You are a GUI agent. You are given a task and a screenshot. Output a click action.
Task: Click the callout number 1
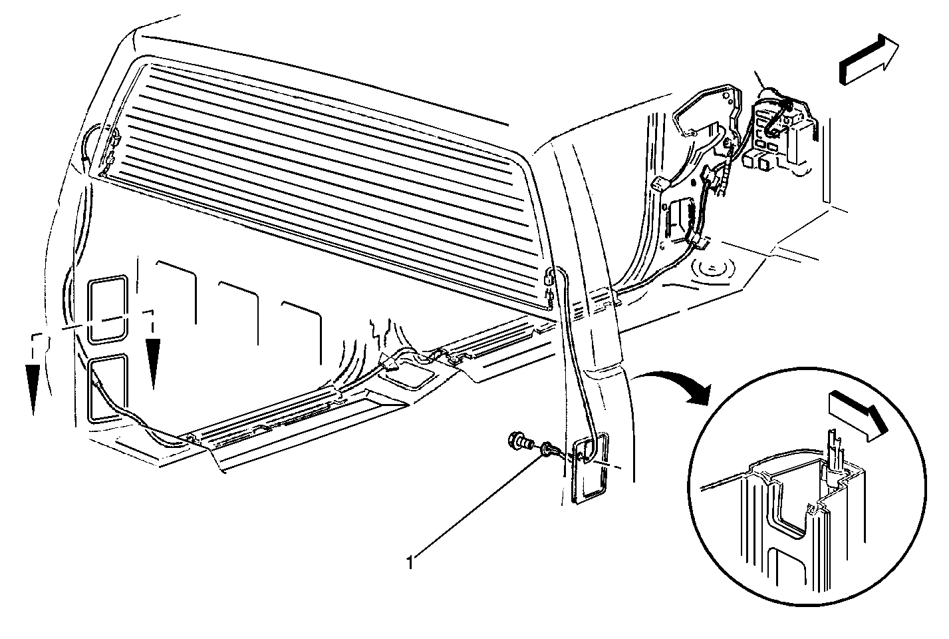pyautogui.click(x=410, y=563)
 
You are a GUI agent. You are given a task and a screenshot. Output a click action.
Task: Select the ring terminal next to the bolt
pyautogui.click(x=546, y=449)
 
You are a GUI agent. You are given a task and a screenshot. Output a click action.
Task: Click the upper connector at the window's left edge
pyautogui.click(x=114, y=136)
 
